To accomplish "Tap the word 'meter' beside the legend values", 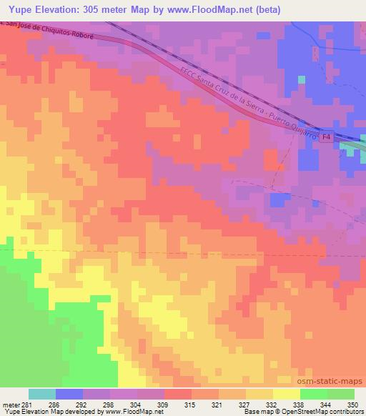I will [x=12, y=404].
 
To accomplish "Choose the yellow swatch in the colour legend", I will [x=285, y=394].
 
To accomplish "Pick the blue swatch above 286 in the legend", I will [x=69, y=394].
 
